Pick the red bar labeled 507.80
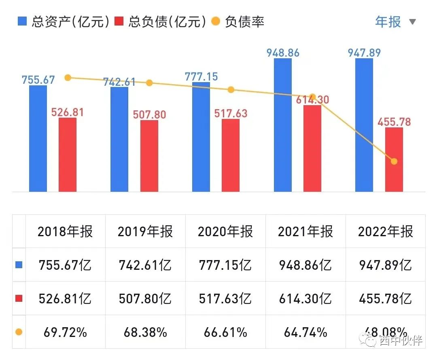click(x=149, y=156)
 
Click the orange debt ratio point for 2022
click(x=394, y=161)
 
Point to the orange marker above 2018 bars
click(x=68, y=78)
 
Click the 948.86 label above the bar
click(x=283, y=53)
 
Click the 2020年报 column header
click(x=225, y=231)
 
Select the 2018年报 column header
click(x=65, y=231)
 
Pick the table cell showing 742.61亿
click(x=145, y=265)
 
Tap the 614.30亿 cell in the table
click(x=305, y=299)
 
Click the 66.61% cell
click(x=225, y=332)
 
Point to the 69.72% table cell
click(x=65, y=332)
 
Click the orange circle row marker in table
click(x=19, y=332)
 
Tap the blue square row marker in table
click(x=19, y=265)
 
